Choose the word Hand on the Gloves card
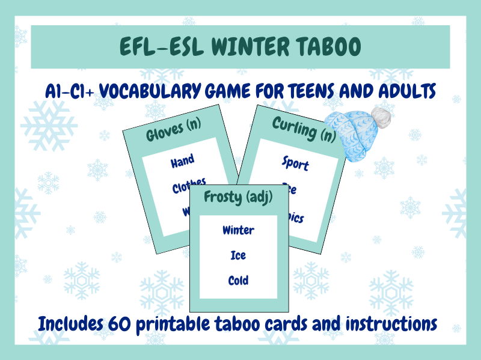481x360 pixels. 182,160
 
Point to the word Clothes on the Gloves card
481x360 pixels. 189,186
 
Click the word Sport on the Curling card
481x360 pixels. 295,163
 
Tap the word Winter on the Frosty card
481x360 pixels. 238,230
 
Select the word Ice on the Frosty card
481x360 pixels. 238,255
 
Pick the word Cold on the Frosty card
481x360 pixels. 238,280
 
